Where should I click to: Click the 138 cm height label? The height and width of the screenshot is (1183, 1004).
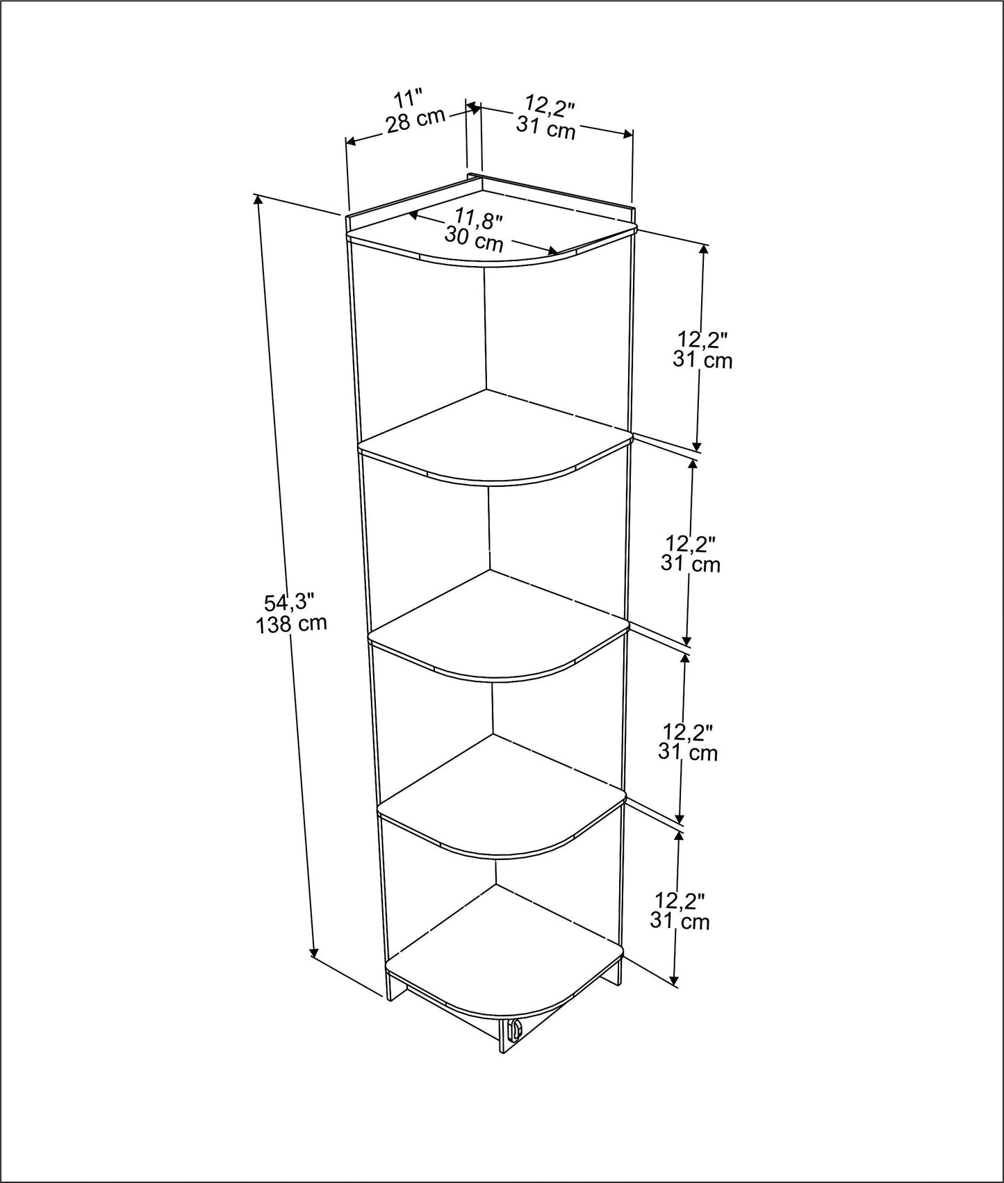(291, 623)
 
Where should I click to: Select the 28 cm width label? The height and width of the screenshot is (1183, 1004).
(415, 120)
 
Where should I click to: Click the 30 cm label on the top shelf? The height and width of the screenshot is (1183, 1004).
(474, 240)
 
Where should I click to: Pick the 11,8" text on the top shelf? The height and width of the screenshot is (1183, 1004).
(479, 220)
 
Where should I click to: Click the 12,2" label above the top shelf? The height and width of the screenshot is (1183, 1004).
(550, 105)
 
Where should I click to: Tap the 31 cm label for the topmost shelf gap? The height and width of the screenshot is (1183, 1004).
(702, 360)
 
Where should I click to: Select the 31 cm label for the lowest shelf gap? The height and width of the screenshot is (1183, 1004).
(680, 921)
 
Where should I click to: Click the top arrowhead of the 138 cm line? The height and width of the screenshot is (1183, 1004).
(258, 200)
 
